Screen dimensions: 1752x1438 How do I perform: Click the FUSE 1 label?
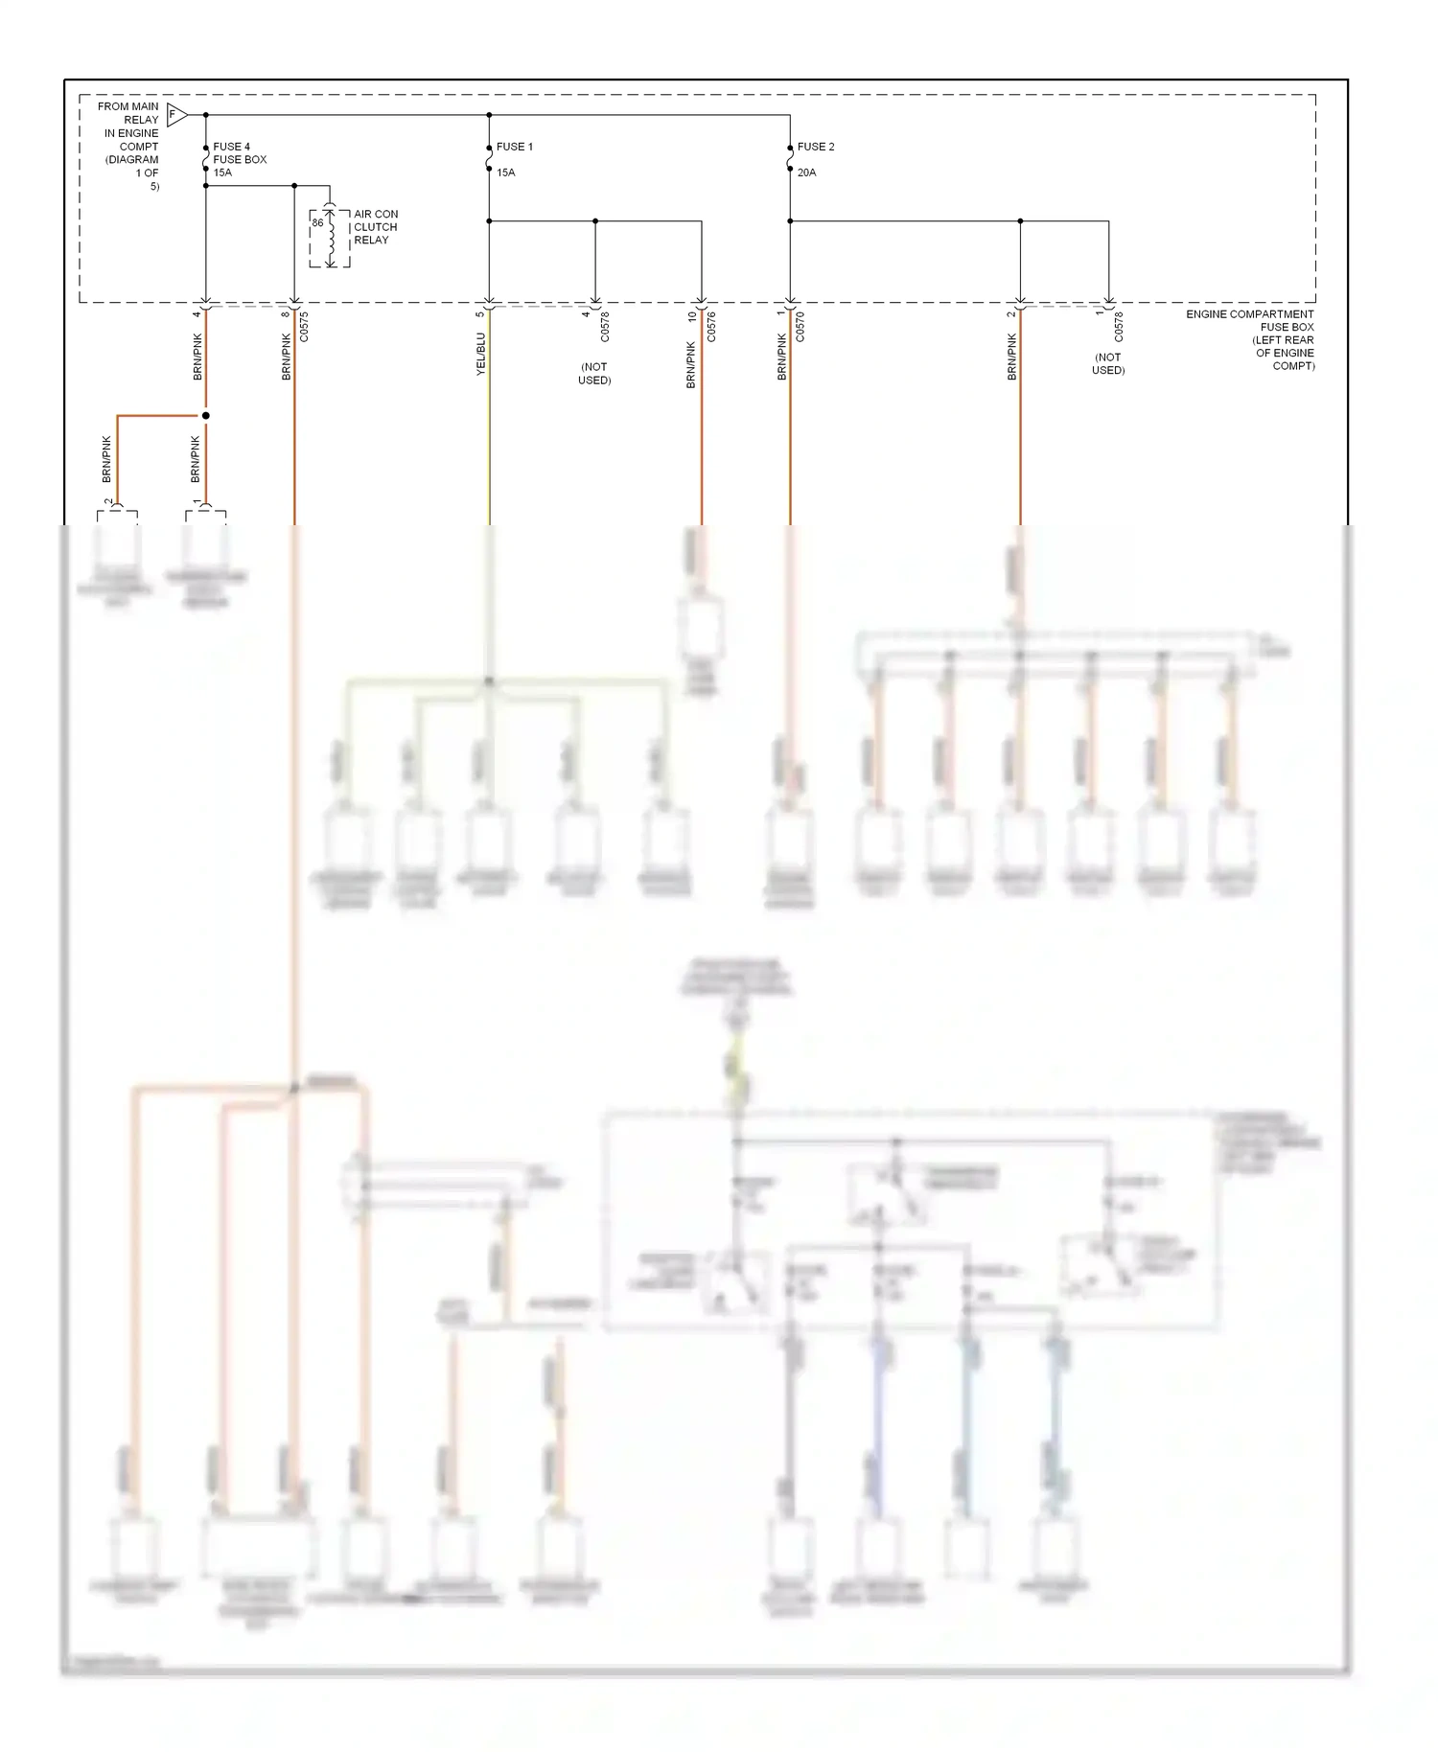(x=514, y=147)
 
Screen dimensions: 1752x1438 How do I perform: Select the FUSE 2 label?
(x=816, y=147)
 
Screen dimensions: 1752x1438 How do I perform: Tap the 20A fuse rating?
(x=806, y=173)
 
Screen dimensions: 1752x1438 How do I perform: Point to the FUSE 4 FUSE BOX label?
(x=239, y=153)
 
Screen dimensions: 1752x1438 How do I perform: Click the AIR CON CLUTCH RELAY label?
(x=376, y=227)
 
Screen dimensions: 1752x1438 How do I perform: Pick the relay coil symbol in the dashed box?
(x=331, y=237)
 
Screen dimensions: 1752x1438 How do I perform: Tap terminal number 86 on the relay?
(x=317, y=223)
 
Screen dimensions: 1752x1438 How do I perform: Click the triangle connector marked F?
(x=175, y=115)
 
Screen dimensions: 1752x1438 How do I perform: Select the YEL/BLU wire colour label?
(x=481, y=354)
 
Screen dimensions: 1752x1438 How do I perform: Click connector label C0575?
(x=304, y=327)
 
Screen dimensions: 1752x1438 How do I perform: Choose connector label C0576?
(x=711, y=327)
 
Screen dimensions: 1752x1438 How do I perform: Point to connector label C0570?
(x=800, y=327)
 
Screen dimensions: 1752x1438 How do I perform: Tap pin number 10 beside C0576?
(x=692, y=315)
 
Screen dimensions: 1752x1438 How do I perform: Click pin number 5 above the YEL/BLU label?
(x=480, y=314)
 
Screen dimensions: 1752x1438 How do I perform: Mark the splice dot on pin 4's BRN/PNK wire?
(x=205, y=416)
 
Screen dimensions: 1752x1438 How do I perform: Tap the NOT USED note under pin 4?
(x=594, y=374)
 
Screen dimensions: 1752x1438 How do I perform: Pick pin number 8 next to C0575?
(x=286, y=314)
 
